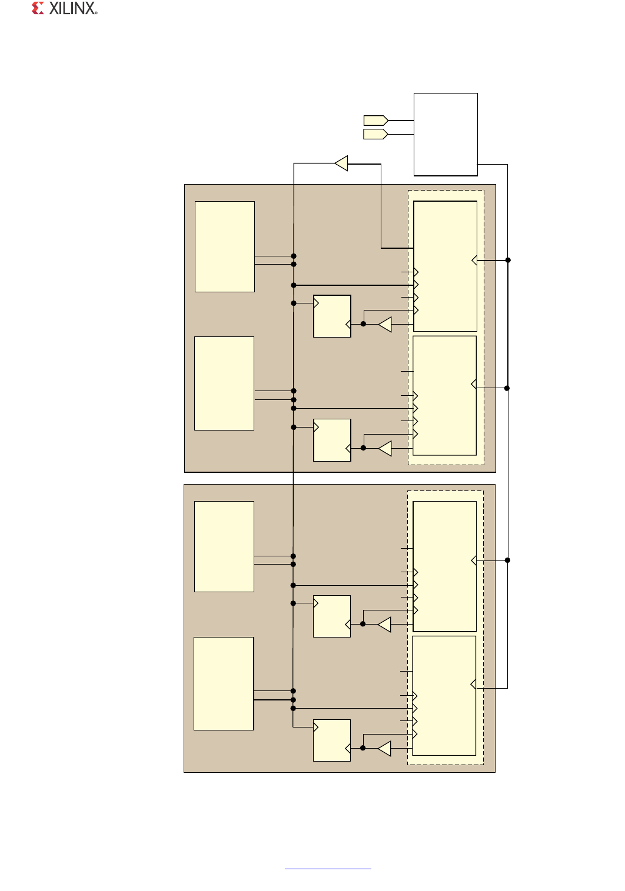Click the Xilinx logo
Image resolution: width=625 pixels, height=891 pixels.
pyautogui.click(x=65, y=8)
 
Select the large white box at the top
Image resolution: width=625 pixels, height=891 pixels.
pyautogui.click(x=446, y=135)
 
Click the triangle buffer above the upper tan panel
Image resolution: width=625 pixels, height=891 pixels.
pyautogui.click(x=341, y=163)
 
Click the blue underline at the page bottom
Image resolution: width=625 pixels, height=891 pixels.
pyautogui.click(x=328, y=868)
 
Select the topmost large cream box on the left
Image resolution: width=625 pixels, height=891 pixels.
pyautogui.click(x=225, y=246)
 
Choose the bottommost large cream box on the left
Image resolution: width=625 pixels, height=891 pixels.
pyautogui.click(x=224, y=683)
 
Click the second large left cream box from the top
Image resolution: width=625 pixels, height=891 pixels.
pyautogui.click(x=224, y=383)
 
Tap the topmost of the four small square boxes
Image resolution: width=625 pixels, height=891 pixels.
pyautogui.click(x=332, y=316)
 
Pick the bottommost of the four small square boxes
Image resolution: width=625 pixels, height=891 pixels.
pyautogui.click(x=332, y=740)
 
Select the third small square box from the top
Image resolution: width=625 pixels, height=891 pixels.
pyautogui.click(x=332, y=616)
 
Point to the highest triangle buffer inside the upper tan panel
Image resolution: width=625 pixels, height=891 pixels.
pyautogui.click(x=385, y=324)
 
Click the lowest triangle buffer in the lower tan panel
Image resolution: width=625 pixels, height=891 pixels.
pyautogui.click(x=384, y=748)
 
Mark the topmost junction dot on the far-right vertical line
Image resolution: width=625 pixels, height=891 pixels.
pyautogui.click(x=508, y=260)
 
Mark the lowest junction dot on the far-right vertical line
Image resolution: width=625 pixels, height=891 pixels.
pyautogui.click(x=507, y=560)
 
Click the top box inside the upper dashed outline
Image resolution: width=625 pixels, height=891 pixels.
pyautogui.click(x=445, y=266)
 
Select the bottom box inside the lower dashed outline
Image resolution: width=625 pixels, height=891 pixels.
pyautogui.click(x=444, y=696)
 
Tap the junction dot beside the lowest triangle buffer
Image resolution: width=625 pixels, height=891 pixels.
pyautogui.click(x=363, y=748)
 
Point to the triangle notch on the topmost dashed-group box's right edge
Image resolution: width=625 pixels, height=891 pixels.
pyautogui.click(x=474, y=261)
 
